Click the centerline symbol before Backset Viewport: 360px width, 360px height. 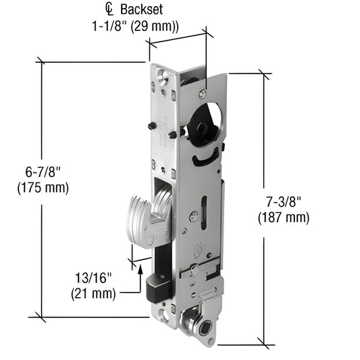pos(110,10)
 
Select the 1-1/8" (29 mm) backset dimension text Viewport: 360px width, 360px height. pos(135,28)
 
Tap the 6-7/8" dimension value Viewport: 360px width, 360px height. pos(42,172)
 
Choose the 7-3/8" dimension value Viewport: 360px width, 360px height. pos(283,202)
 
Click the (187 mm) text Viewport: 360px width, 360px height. pos(283,217)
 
